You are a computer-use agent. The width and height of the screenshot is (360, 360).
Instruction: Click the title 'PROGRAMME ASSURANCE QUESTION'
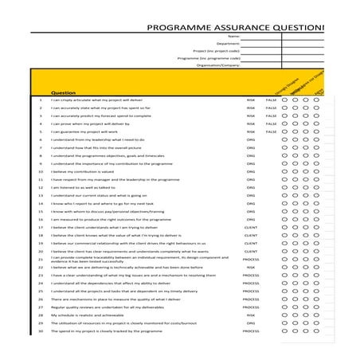tap(237, 25)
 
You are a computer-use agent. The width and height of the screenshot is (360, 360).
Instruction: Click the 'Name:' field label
tap(233, 37)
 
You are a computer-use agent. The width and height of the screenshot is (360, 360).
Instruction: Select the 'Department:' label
tap(228, 44)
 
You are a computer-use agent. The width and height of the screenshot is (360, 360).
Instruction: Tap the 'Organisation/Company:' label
tap(214, 65)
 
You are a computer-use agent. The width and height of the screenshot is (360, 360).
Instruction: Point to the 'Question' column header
tap(63, 92)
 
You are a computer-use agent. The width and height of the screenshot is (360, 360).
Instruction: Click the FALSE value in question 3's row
tap(271, 115)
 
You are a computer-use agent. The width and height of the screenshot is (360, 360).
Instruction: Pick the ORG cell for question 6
tap(251, 139)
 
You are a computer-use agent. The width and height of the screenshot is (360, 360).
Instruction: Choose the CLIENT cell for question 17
tap(250, 227)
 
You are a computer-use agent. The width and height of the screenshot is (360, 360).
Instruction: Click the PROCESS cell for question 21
tap(250, 259)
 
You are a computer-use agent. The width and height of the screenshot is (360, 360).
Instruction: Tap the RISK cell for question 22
tap(251, 267)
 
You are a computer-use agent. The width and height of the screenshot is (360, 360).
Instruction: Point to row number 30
tap(40, 331)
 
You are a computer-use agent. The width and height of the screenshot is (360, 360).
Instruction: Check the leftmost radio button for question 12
tap(295, 187)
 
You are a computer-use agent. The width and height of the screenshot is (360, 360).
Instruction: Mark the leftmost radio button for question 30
tap(295, 331)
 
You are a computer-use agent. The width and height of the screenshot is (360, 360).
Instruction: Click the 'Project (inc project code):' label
tap(209, 51)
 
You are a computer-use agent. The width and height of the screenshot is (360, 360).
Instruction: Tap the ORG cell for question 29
tap(251, 323)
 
